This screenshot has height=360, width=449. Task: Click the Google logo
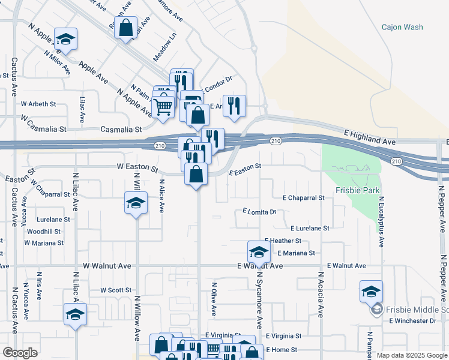[20, 353]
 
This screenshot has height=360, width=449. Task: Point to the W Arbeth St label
[38, 104]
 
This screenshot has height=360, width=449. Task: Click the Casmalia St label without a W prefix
[121, 129]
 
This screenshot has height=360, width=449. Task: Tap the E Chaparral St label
[303, 197]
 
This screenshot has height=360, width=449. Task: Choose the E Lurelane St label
[310, 229]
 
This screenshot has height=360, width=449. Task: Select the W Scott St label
[116, 290]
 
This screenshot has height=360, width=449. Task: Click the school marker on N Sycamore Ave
[258, 251]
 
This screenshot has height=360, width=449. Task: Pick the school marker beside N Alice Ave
[136, 202]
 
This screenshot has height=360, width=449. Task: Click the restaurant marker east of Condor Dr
[234, 106]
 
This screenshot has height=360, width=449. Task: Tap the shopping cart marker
[162, 107]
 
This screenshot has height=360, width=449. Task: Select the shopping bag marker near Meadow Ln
[126, 27]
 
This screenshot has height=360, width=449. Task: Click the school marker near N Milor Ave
[65, 39]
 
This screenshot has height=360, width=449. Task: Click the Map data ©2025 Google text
[412, 355]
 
